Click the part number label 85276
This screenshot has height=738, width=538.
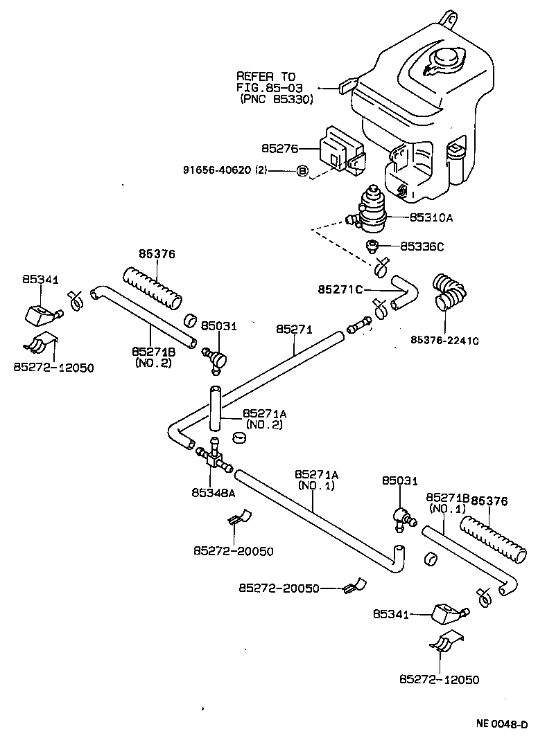click(279, 147)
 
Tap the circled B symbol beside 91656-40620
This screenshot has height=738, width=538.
click(302, 170)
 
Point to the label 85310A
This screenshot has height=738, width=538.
click(431, 217)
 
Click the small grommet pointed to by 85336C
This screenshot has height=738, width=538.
click(373, 245)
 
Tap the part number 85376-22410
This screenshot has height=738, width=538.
click(444, 340)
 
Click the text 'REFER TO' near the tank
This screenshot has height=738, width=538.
click(266, 76)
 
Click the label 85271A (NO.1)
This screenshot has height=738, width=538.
click(316, 479)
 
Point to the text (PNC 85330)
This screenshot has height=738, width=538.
click(277, 99)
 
